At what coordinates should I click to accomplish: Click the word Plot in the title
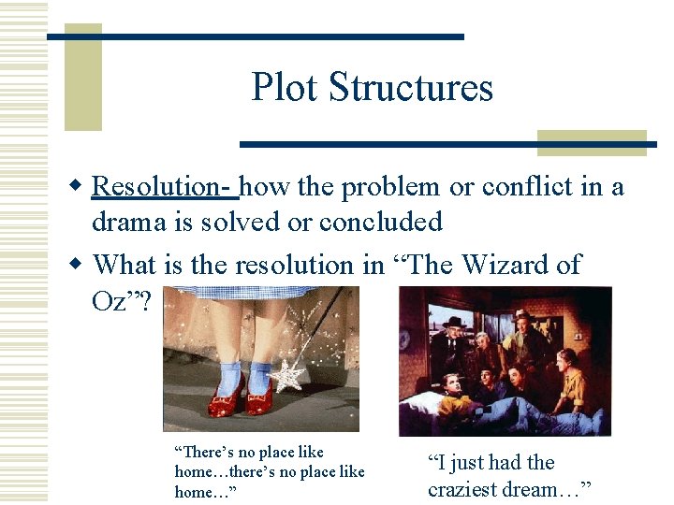(285, 88)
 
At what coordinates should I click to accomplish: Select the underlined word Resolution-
(165, 187)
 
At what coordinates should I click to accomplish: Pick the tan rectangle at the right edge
(592, 142)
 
